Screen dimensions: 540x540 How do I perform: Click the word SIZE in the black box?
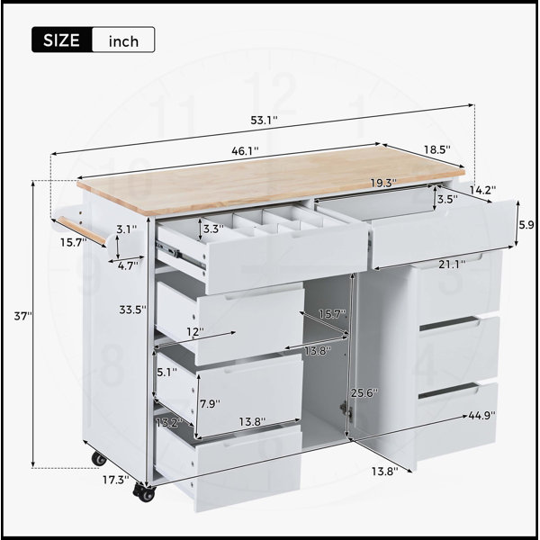point(61,40)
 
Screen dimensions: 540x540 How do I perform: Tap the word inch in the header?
point(123,41)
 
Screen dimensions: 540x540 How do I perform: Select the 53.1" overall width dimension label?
point(264,121)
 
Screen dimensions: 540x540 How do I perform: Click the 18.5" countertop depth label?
point(437,149)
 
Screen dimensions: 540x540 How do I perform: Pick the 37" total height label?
point(23,316)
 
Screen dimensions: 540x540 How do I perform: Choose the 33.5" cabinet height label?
point(133,310)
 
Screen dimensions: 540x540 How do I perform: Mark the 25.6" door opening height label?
point(364,392)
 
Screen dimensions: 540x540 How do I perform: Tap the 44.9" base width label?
point(482,415)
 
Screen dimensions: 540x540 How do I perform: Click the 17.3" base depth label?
point(116,480)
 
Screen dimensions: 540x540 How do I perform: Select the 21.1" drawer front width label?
point(452,264)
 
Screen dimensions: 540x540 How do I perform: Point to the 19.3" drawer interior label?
point(383,183)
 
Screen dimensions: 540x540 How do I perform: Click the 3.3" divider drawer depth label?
point(213,229)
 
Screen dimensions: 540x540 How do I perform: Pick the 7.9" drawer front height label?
point(210,403)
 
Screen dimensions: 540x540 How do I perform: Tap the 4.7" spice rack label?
point(128,265)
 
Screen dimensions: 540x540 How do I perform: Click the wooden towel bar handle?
point(81,231)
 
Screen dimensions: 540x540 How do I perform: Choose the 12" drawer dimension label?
point(195,332)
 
